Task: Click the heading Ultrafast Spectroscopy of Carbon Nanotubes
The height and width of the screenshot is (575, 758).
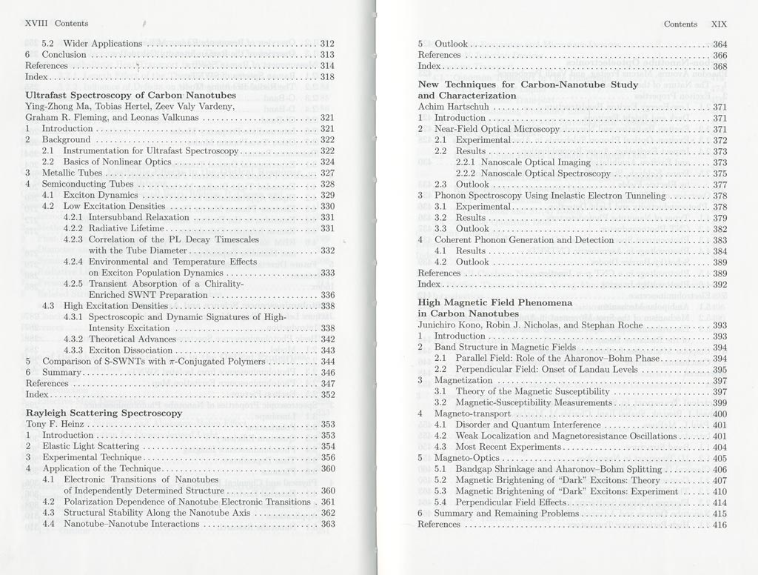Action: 130,96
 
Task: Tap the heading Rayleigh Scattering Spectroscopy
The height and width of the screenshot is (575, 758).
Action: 104,413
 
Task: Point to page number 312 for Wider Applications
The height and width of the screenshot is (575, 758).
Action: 327,44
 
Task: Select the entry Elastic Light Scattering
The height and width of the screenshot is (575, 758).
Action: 90,447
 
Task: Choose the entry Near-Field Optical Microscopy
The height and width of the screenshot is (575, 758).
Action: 497,129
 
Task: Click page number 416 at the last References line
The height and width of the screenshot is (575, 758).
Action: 720,525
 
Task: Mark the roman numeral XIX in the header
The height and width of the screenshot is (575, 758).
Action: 719,24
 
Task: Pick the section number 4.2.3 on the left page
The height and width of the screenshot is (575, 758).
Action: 73,239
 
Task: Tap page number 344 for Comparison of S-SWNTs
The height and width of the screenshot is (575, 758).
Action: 327,362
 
